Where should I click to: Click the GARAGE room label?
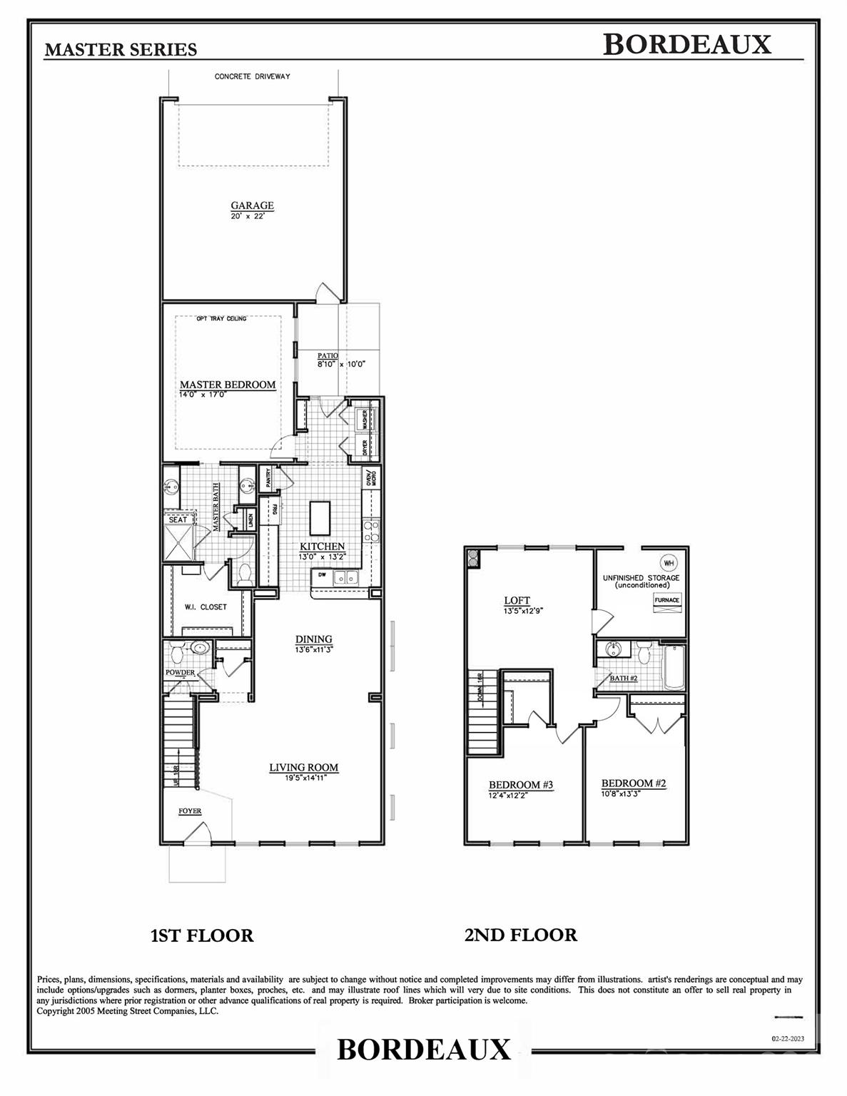[252, 205]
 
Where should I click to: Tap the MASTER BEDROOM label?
[227, 385]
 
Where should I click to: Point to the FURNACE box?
[667, 600]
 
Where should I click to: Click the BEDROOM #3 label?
[521, 785]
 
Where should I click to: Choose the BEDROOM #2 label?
[634, 783]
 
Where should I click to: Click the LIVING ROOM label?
[303, 768]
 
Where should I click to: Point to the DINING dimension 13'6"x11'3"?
[315, 649]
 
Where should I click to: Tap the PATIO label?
[328, 355]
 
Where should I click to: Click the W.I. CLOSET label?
[206, 607]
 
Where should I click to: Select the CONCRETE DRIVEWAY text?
[253, 77]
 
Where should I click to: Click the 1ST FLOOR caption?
[202, 935]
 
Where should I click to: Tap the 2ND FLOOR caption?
[520, 934]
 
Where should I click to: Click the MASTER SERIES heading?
[121, 49]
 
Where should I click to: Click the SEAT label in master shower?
[178, 519]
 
